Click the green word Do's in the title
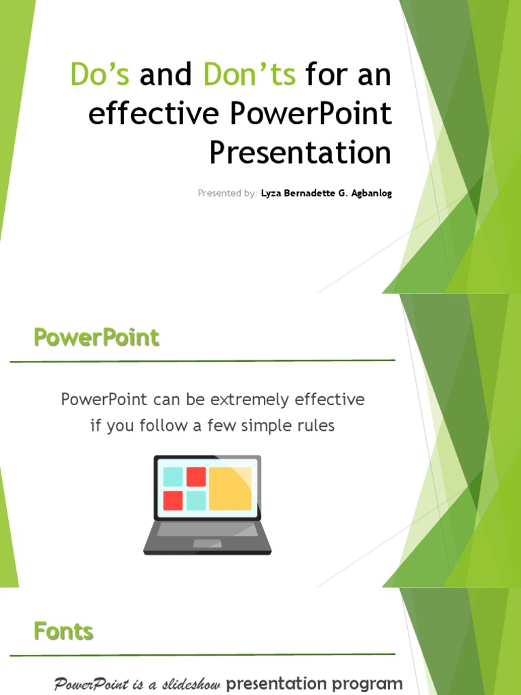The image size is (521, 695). (x=100, y=75)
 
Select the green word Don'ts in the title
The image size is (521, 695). (x=249, y=75)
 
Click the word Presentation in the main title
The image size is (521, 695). (x=300, y=153)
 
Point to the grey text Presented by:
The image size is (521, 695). (x=227, y=193)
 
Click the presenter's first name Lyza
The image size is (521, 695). (x=272, y=193)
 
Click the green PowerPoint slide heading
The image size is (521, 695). (x=96, y=337)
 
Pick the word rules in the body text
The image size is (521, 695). (x=315, y=426)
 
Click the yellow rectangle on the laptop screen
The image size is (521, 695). (x=230, y=489)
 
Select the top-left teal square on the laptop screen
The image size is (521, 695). (x=173, y=476)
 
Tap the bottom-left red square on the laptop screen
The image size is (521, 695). (x=173, y=501)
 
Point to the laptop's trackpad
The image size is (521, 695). (x=207, y=543)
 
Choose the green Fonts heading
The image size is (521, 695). (x=64, y=632)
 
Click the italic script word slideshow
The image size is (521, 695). (x=190, y=684)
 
